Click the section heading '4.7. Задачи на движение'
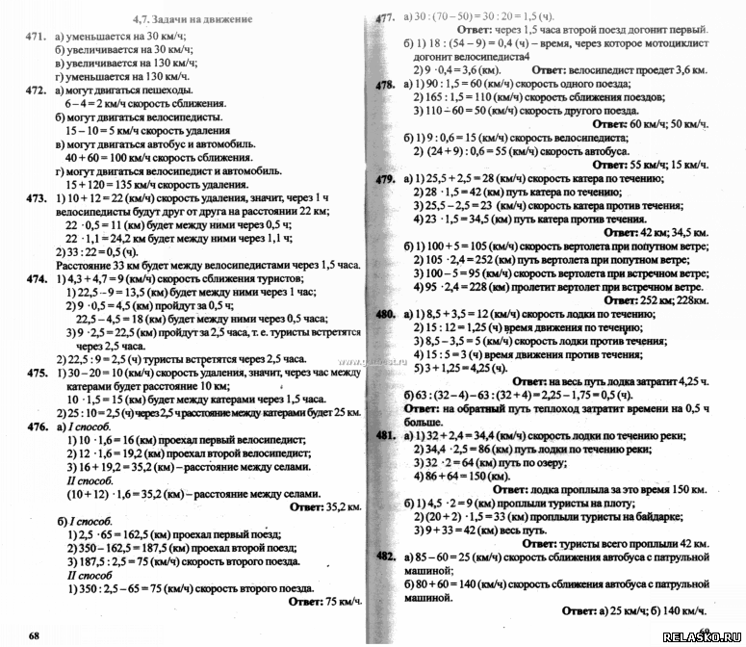pos(192,18)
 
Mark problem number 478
pos(386,85)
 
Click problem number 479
pos(386,179)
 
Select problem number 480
pos(386,314)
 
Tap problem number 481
pos(386,435)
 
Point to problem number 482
pos(386,556)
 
